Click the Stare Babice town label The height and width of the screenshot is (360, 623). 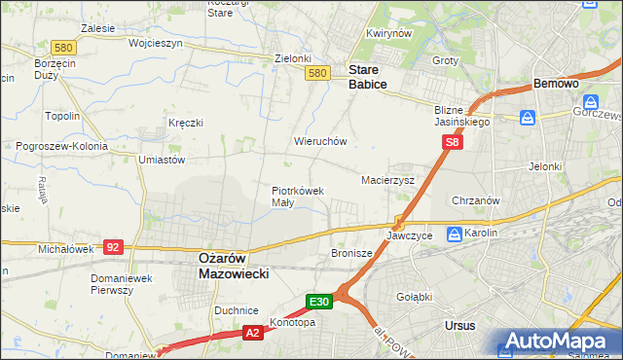pos(367,77)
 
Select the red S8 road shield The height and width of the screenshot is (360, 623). pos(453,143)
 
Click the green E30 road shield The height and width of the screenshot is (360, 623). pos(321,303)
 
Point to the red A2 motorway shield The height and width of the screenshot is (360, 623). pos(251,333)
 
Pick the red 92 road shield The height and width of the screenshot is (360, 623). pos(114,248)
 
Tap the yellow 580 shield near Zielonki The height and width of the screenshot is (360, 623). pos(315,73)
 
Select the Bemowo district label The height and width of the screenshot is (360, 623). pos(557,85)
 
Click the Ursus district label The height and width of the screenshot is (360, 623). pos(458,326)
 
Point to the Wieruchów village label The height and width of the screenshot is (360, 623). pos(320,141)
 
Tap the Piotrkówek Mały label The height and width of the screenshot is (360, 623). pos(297,197)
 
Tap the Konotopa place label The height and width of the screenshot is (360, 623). pos(293,322)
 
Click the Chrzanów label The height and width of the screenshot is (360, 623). pos(476,200)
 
